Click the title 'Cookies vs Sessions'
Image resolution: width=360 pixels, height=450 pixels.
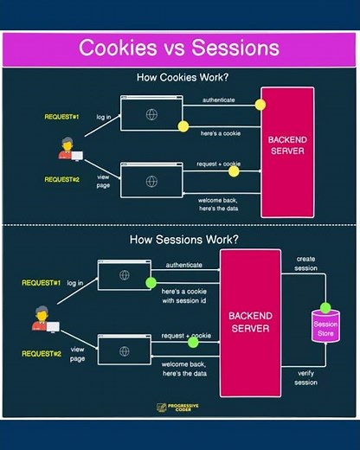(179, 47)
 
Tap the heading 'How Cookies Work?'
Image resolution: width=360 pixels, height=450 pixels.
(180, 78)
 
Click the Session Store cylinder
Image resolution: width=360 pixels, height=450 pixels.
(325, 324)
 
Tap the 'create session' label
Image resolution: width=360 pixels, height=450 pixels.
(306, 264)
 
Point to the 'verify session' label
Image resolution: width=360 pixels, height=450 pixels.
(305, 376)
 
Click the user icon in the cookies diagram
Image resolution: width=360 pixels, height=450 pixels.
(67, 150)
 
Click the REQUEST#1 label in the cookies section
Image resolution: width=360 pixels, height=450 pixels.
(62, 115)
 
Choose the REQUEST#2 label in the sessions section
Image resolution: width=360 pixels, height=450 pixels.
(41, 354)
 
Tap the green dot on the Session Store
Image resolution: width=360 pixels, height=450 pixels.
(325, 307)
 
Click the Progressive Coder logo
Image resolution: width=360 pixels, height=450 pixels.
(179, 408)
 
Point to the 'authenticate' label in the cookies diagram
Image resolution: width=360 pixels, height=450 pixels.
(218, 100)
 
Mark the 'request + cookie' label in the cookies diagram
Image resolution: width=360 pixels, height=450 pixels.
(218, 163)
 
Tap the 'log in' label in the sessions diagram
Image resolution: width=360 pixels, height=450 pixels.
(76, 282)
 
